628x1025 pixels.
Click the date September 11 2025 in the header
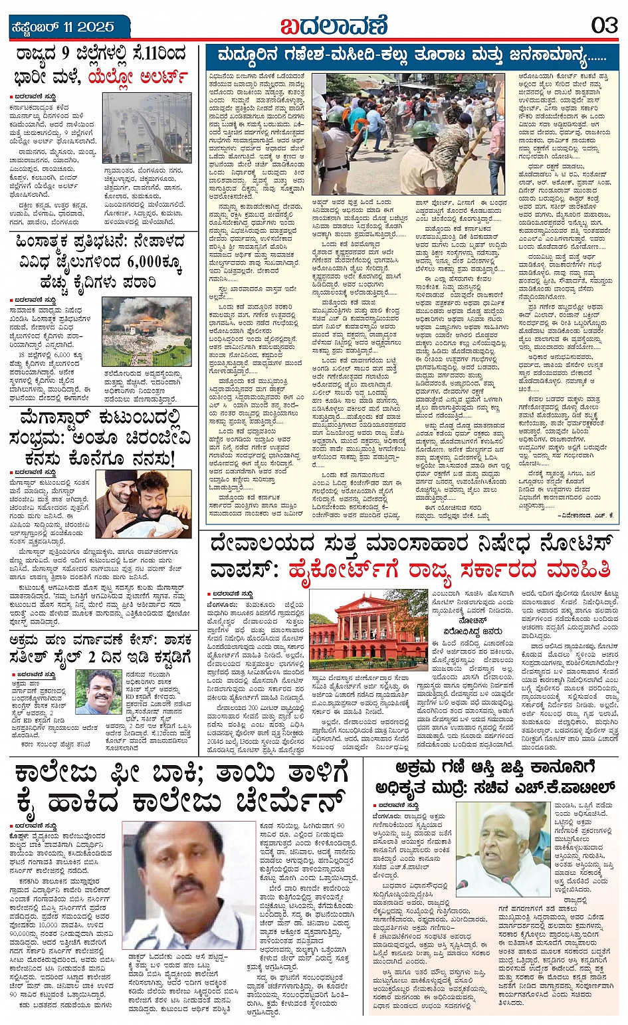tap(62, 27)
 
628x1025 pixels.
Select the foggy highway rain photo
tap(147, 128)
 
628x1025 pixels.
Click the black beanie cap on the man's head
tap(121, 477)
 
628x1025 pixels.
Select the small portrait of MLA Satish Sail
tap(98, 691)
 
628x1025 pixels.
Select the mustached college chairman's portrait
tap(188, 882)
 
